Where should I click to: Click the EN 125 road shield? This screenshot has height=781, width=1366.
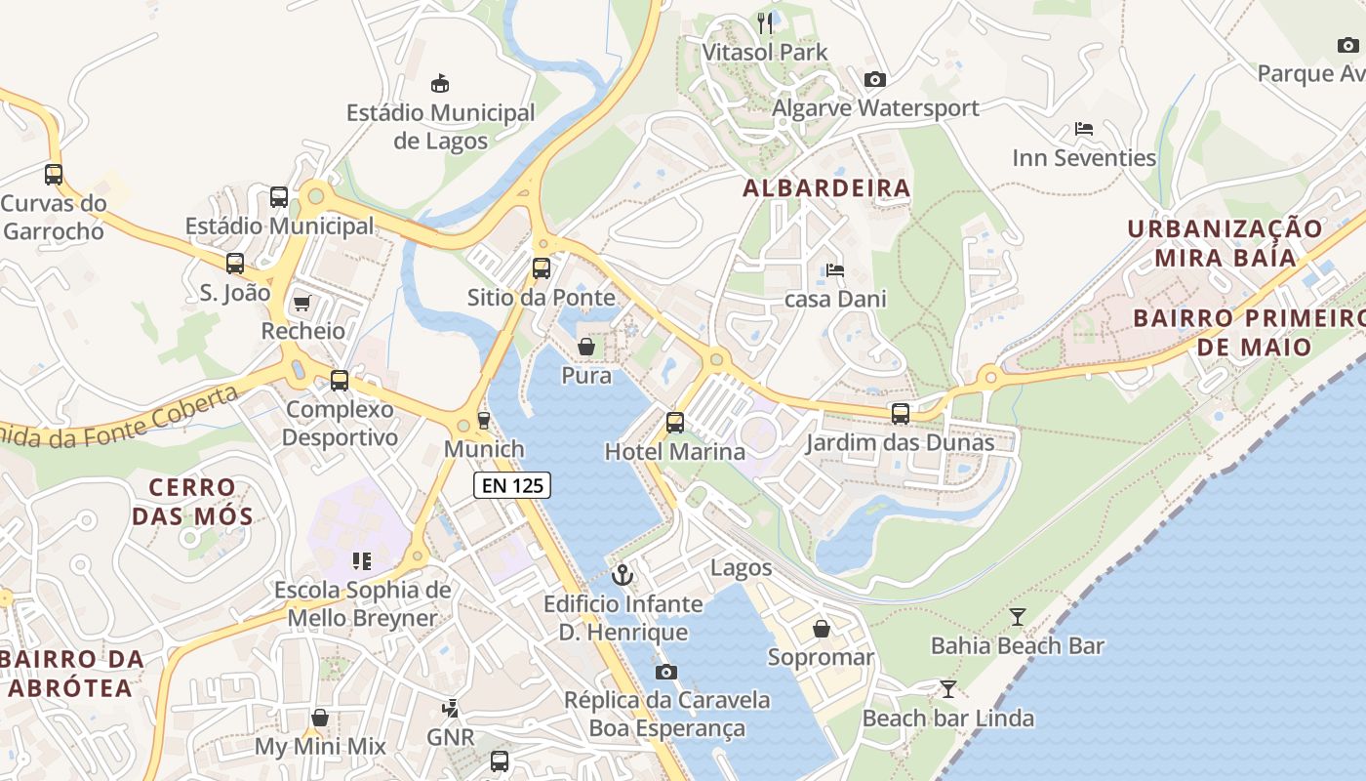(x=512, y=485)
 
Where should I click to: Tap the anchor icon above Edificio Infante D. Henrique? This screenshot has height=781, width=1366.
(x=623, y=575)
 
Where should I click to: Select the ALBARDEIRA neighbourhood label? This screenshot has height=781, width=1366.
(x=826, y=188)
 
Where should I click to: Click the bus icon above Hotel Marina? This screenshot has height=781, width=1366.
(x=675, y=423)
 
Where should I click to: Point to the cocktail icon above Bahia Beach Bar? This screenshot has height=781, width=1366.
(x=1018, y=616)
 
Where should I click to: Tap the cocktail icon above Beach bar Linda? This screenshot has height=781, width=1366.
(x=947, y=689)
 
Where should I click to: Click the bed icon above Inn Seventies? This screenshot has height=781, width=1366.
(x=1083, y=129)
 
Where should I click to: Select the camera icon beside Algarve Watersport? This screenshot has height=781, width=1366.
(x=875, y=80)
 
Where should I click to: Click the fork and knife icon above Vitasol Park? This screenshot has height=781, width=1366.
(x=766, y=22)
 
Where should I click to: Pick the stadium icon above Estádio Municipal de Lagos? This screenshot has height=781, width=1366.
(x=440, y=83)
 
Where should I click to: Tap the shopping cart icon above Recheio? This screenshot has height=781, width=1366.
(x=301, y=303)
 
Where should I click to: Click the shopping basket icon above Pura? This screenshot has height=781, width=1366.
(x=586, y=347)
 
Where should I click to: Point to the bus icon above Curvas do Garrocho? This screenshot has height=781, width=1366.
(x=54, y=175)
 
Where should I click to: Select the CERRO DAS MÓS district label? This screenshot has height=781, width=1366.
(x=192, y=501)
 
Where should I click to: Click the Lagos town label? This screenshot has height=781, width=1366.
(x=741, y=567)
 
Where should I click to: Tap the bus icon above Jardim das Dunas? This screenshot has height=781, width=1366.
(x=901, y=414)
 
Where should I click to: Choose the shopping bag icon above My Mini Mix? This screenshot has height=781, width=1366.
(x=320, y=719)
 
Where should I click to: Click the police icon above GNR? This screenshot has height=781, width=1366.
(x=450, y=708)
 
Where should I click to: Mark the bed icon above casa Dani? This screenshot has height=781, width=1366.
(x=834, y=270)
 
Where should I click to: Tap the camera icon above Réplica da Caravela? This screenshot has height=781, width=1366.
(x=666, y=672)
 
